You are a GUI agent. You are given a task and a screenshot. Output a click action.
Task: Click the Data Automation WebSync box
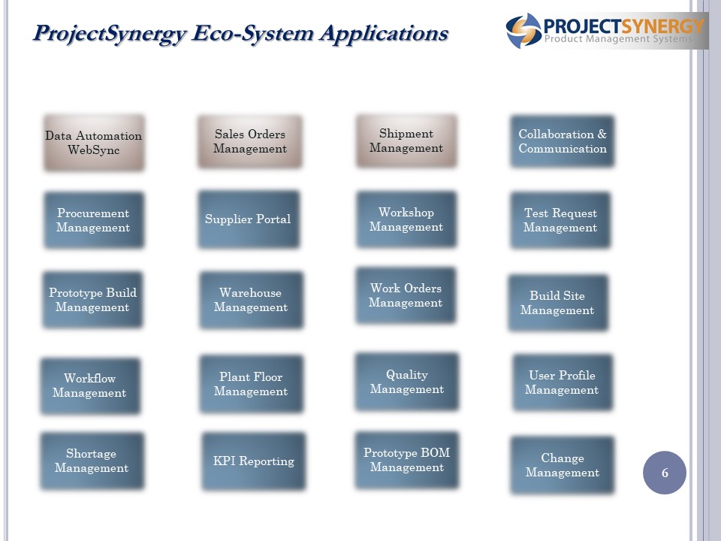94,143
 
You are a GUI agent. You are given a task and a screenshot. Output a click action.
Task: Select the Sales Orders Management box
250,142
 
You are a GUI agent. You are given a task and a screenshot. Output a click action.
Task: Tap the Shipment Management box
406,141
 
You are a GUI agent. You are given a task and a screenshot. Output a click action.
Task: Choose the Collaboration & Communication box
563,141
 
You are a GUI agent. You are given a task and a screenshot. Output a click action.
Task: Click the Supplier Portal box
249,219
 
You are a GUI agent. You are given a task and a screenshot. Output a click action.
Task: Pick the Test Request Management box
560,220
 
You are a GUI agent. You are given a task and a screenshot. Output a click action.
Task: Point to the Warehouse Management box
251,300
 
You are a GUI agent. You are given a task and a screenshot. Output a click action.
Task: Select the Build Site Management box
558,303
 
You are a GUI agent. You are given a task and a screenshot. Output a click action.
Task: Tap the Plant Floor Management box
251,384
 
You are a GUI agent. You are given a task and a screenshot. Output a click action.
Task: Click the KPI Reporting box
253,461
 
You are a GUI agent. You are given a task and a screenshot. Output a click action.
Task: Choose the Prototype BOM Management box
407,460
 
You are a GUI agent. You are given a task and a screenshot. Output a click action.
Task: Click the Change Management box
563,465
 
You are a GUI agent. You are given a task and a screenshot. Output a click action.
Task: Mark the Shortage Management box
92,461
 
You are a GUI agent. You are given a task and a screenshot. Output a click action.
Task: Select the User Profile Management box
563,382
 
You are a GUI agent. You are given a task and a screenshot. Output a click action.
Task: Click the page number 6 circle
665,473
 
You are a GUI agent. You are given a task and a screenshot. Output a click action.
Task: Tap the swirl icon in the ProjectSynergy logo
523,30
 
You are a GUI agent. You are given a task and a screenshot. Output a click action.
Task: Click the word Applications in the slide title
384,34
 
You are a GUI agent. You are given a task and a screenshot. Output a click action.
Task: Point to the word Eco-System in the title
252,34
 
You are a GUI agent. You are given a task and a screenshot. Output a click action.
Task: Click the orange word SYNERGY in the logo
663,26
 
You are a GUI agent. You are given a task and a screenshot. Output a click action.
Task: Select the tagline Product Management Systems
618,39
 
